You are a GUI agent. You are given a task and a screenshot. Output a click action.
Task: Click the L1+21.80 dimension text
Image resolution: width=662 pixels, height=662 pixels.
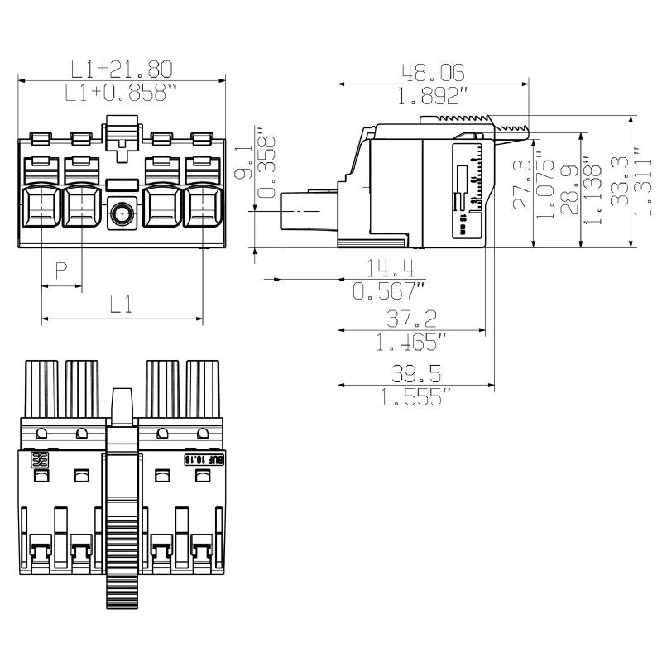(x=121, y=69)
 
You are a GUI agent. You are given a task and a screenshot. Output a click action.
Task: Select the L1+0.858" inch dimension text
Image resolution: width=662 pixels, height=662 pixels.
(x=121, y=94)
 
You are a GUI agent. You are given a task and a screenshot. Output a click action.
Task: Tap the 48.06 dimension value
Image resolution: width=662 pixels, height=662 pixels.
(x=432, y=72)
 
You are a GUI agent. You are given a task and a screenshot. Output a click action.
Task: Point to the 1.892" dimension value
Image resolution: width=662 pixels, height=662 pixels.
(x=432, y=96)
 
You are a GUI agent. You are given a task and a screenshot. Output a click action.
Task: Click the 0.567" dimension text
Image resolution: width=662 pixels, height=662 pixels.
(x=389, y=290)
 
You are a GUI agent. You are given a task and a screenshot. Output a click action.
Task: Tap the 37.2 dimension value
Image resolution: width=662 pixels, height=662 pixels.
(x=411, y=319)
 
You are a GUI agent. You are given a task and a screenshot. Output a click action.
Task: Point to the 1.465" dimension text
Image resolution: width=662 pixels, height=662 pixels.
(x=411, y=341)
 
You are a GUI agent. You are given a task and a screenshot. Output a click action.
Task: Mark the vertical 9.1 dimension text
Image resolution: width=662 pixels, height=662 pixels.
(x=242, y=163)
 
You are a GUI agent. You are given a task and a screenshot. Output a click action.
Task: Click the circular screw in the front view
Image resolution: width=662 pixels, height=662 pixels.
(x=122, y=215)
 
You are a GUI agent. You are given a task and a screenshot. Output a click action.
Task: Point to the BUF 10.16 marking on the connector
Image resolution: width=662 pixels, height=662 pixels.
(x=201, y=459)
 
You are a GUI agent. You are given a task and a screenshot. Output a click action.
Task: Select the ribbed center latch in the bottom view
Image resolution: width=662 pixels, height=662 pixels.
(x=122, y=530)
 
